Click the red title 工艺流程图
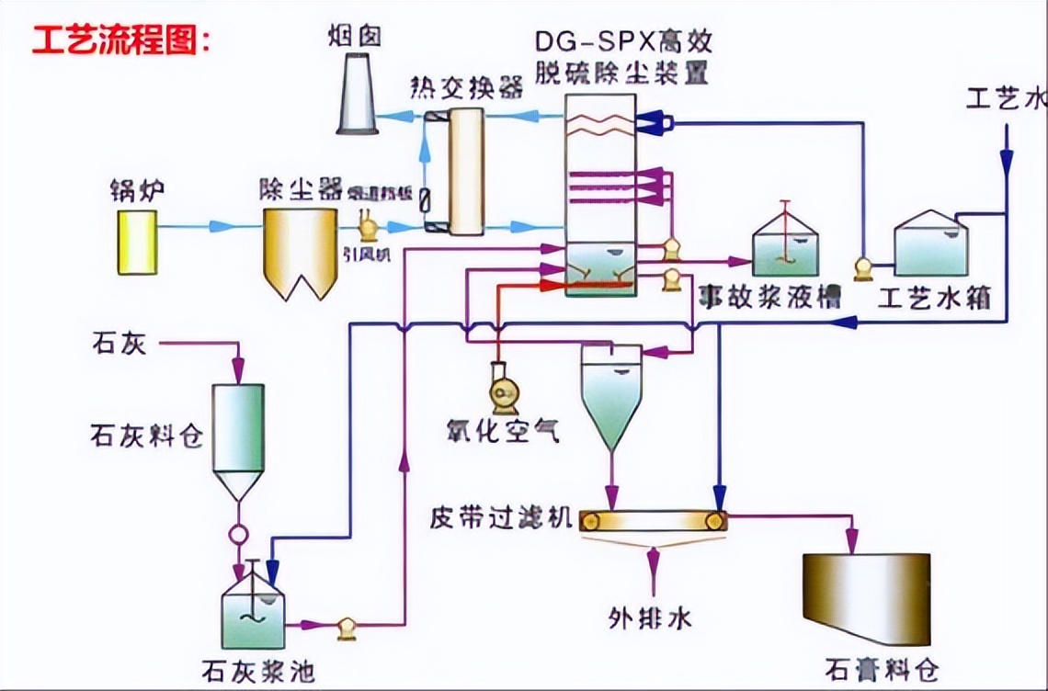point(121,40)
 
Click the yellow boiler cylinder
point(137,242)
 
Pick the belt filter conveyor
point(652,521)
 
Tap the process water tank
point(930,245)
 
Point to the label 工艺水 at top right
point(1005,98)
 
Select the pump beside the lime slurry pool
point(347,628)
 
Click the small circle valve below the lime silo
point(238,533)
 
